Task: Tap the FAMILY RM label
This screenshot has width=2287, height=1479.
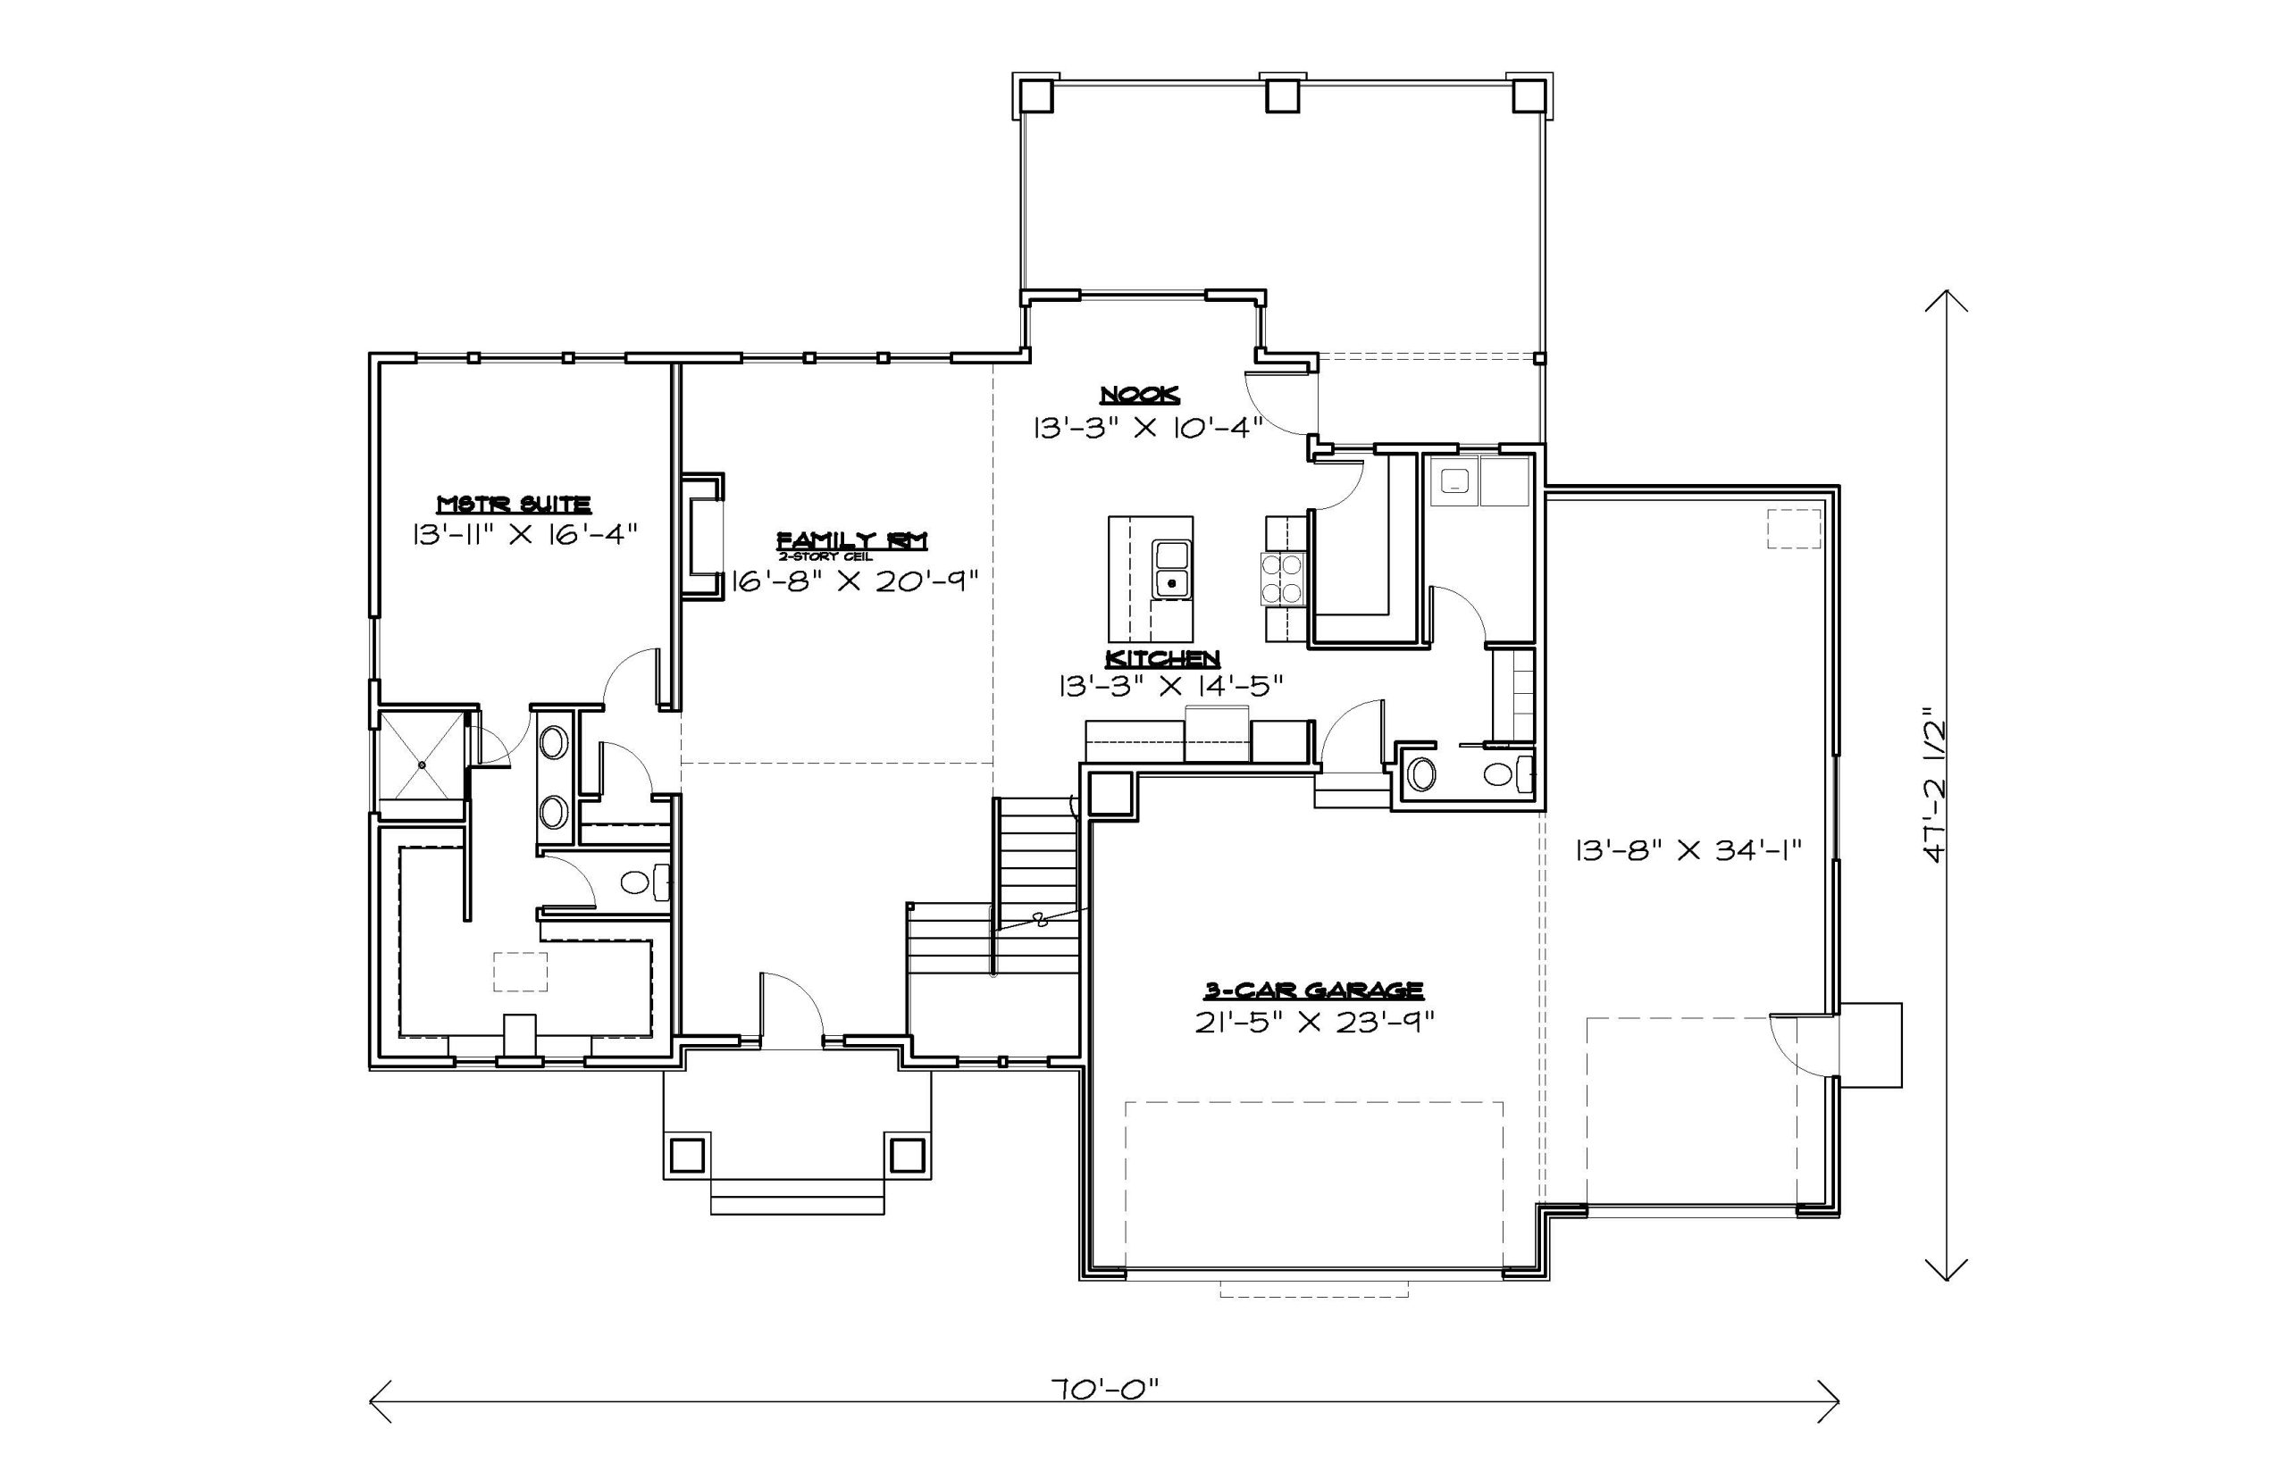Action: (x=852, y=540)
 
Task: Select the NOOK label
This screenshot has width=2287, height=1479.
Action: (x=1139, y=395)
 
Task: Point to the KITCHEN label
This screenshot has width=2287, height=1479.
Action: (x=1162, y=659)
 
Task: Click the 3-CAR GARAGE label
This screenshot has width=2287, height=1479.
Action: (x=1314, y=990)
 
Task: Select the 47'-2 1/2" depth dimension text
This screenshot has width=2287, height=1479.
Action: (x=1933, y=785)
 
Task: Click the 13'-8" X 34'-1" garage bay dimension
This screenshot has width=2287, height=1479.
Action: (x=1688, y=849)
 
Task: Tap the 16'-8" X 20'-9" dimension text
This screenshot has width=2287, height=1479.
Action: (x=854, y=581)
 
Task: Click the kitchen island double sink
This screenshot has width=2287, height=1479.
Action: (x=1172, y=570)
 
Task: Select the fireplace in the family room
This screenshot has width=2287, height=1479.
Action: (x=703, y=536)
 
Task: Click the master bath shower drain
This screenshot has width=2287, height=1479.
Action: (x=422, y=765)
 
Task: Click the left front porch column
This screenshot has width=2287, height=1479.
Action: (x=687, y=1156)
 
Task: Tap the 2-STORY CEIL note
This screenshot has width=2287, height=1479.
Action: (x=826, y=557)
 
